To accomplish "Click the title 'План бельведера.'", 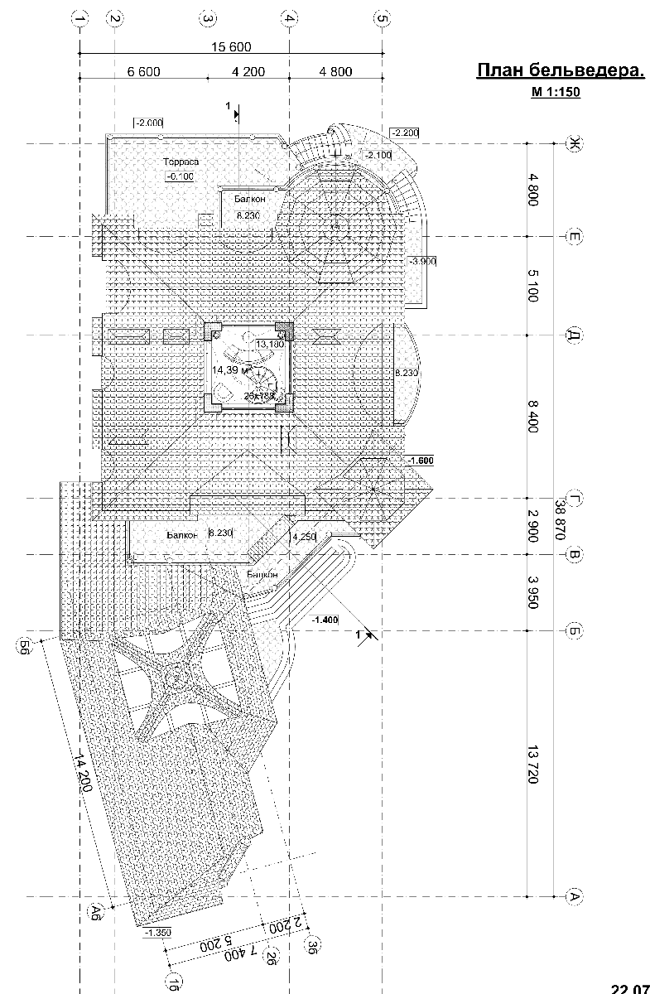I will pyautogui.click(x=561, y=71).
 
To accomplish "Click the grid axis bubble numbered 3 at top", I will pyautogui.click(x=208, y=18).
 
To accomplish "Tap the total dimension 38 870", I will pyautogui.click(x=561, y=519).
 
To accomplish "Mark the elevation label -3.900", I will pyautogui.click(x=422, y=261).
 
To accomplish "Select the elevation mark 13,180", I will pyautogui.click(x=270, y=344).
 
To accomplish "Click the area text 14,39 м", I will pyautogui.click(x=229, y=370).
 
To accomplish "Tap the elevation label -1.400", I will pyautogui.click(x=326, y=619).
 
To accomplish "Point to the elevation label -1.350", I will pyautogui.click(x=157, y=933).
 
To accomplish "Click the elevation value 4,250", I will pyautogui.click(x=304, y=536).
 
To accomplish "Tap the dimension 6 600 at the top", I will pyautogui.click(x=143, y=72).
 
